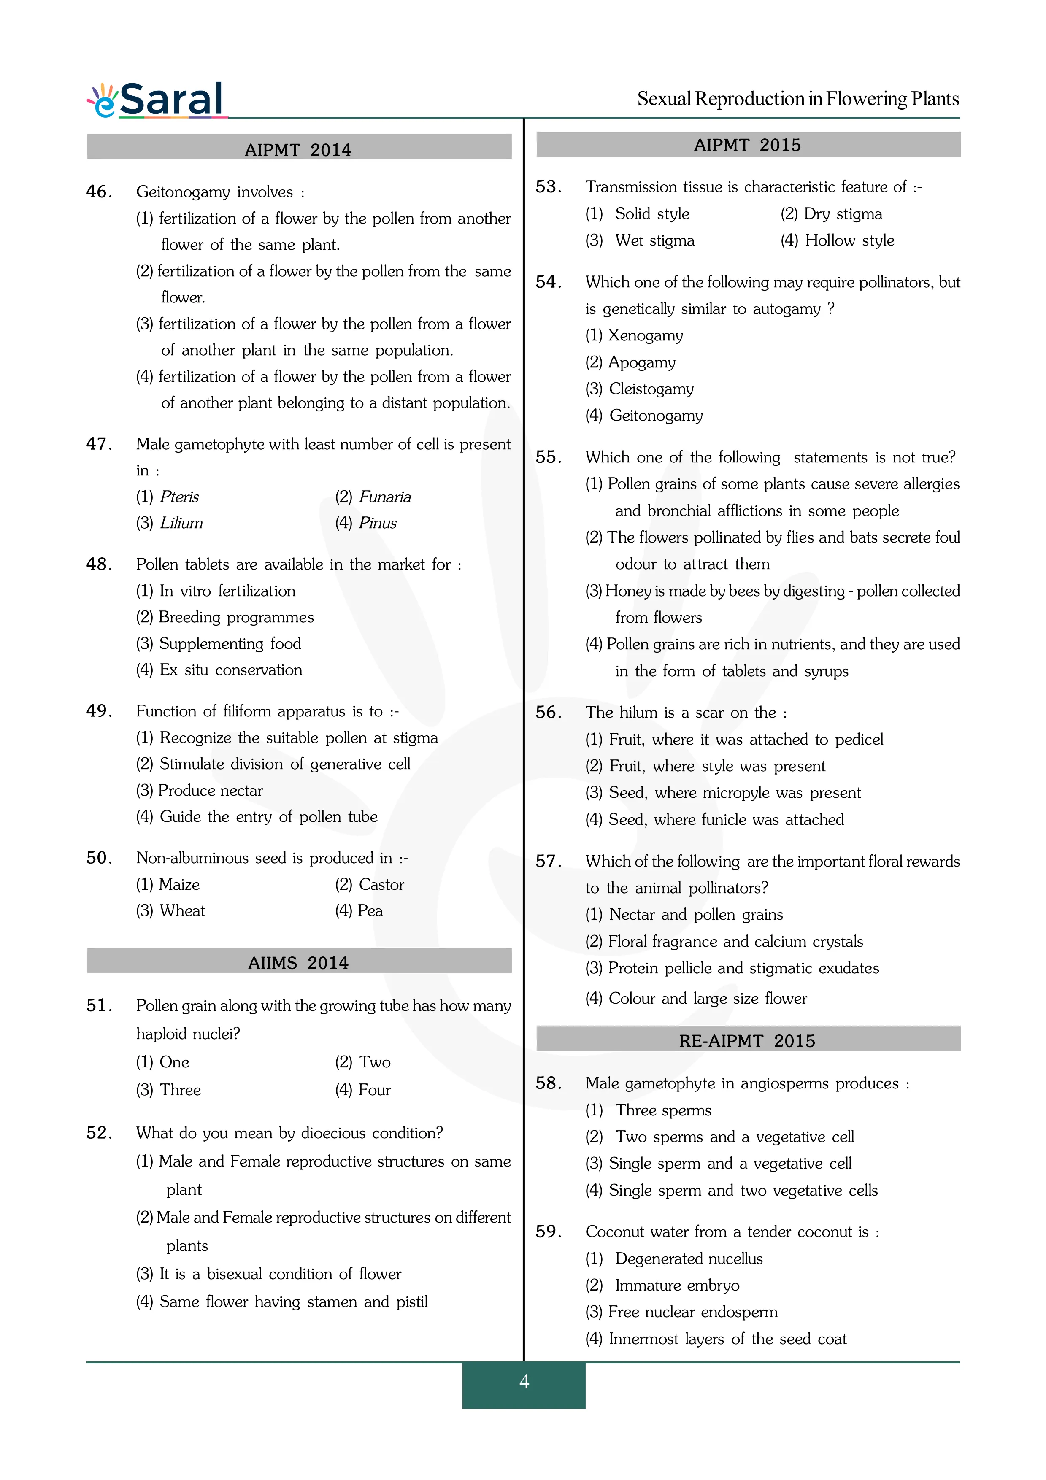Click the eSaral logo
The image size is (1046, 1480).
(x=156, y=100)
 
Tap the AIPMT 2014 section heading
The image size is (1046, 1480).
(x=298, y=149)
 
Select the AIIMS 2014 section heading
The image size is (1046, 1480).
(x=298, y=962)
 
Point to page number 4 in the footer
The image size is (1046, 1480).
(x=524, y=1381)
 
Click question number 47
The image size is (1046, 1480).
(x=99, y=444)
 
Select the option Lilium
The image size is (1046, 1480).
(x=181, y=523)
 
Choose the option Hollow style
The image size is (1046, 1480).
(x=849, y=240)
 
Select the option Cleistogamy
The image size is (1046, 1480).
(x=651, y=389)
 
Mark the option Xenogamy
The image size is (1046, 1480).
(x=645, y=335)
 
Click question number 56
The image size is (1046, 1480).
(x=549, y=712)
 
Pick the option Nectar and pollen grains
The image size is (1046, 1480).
(x=695, y=915)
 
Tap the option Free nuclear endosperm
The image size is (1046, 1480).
(x=693, y=1312)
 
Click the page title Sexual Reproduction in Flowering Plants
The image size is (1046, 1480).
(x=798, y=99)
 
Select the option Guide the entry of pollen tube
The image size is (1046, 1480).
(x=268, y=817)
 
